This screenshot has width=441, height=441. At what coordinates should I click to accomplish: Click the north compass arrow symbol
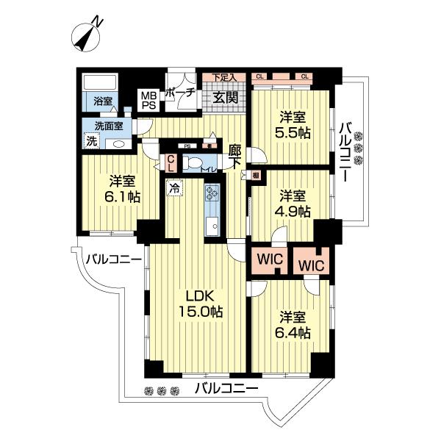point(87,36)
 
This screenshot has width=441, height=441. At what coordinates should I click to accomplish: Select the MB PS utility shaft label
point(149,100)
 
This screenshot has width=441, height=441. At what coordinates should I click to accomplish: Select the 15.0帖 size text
point(198,312)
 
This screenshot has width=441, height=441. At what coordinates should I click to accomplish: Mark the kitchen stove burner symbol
point(212,193)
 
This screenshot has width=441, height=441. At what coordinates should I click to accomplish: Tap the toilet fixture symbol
point(194,164)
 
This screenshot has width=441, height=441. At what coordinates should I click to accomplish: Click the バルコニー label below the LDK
point(226,389)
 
